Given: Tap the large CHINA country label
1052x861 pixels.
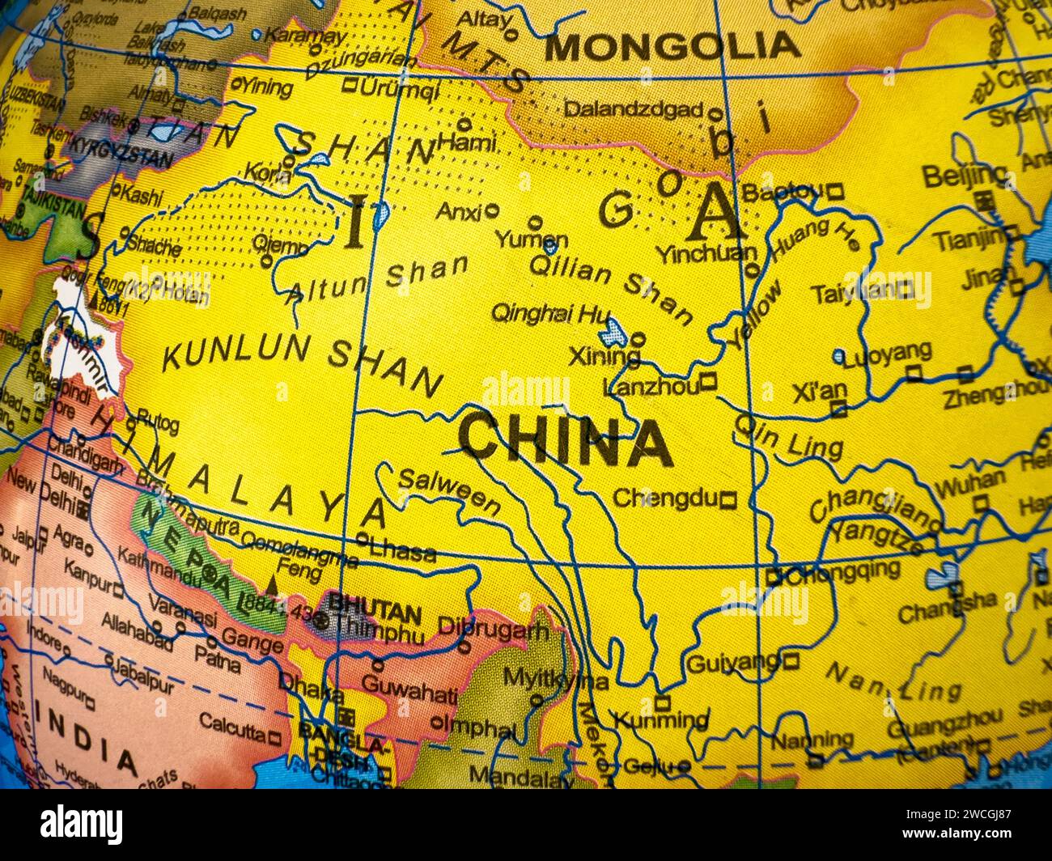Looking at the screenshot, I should coord(565,442).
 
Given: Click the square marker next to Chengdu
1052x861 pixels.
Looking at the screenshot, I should coord(728,500).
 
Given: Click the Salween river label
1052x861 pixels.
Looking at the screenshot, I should coord(449,491).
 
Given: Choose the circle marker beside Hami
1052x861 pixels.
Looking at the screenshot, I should coord(464,125).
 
